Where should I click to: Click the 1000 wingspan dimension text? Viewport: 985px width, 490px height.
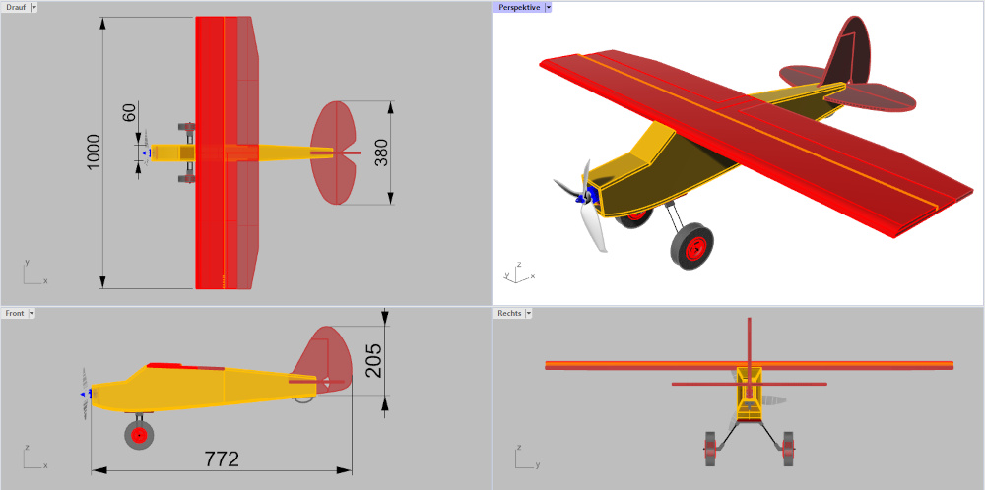(94, 153)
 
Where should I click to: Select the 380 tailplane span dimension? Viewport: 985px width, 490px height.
(381, 153)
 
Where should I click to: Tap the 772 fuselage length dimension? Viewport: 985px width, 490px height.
(222, 459)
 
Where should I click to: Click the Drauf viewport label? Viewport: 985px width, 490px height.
(16, 7)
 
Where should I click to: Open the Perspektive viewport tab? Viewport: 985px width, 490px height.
(519, 7)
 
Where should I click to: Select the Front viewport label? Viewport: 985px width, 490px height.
(15, 313)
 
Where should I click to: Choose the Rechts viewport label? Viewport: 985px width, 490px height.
(509, 313)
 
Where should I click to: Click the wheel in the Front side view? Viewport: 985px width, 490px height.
(139, 433)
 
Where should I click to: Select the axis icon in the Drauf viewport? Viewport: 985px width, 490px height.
(32, 275)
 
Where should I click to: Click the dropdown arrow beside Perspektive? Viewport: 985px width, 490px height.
(549, 7)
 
